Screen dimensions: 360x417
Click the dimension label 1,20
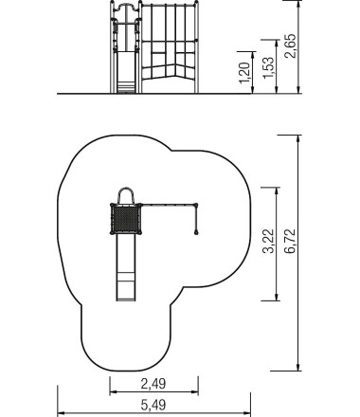tap(245, 73)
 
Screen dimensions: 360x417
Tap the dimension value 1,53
tap(268, 67)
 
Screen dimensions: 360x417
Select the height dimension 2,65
tap(291, 45)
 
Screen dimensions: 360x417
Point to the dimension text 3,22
tap(268, 241)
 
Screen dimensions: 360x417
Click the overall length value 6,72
tap(290, 241)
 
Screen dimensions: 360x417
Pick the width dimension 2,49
tap(153, 384)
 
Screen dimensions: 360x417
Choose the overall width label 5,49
tap(153, 405)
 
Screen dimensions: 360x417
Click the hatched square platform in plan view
tap(126, 219)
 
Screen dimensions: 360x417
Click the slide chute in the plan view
tap(126, 267)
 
